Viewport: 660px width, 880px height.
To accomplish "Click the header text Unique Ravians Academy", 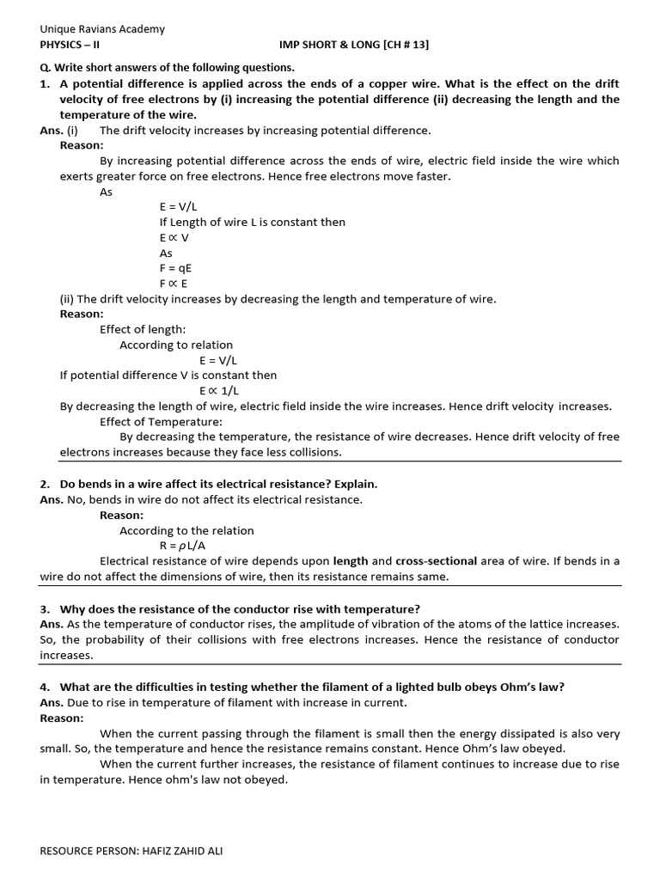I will (102, 29).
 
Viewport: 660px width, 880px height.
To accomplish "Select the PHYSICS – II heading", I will (70, 45).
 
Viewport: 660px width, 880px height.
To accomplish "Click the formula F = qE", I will (175, 268).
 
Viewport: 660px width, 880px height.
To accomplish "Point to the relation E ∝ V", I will (174, 237).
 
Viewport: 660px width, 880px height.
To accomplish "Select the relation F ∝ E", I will (174, 284).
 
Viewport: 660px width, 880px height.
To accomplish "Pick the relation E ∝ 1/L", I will (219, 390).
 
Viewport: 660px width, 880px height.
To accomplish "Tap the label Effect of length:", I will (143, 329).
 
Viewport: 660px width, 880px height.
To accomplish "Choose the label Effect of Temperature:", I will (161, 421).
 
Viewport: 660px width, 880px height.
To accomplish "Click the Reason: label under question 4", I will (62, 718).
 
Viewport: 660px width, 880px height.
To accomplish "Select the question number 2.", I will (44, 484).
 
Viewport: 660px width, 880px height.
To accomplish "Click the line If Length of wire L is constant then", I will (252, 222).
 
